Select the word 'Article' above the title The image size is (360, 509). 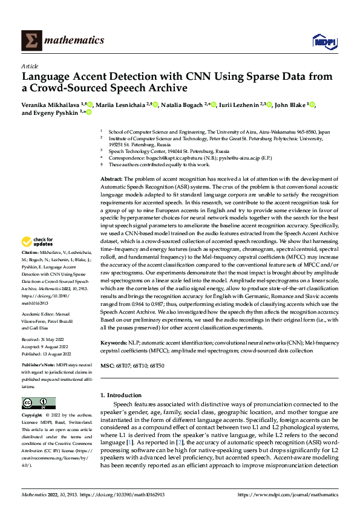(30, 66)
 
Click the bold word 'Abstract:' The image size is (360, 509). (111, 180)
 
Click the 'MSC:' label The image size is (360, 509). (106, 366)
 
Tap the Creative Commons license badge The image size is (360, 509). (38, 403)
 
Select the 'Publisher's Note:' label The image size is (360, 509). (37, 366)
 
